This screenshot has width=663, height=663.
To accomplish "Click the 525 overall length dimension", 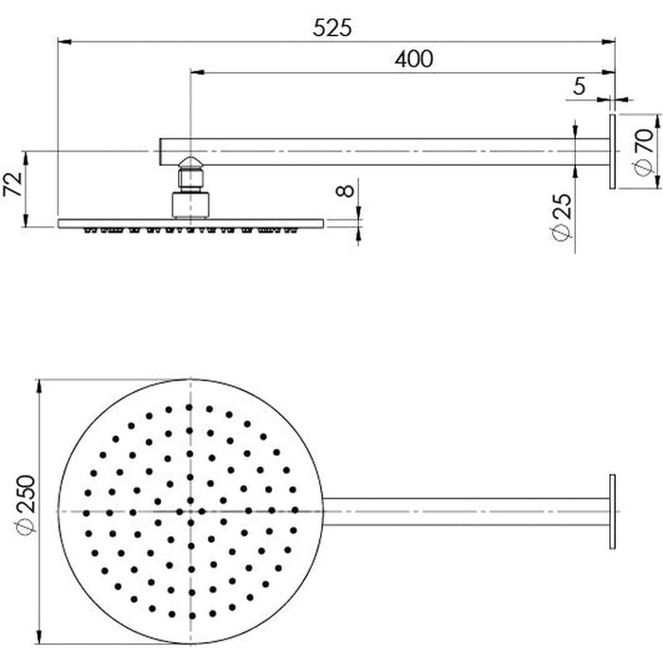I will point(332,27).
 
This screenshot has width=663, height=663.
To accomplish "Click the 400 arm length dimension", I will point(414,59).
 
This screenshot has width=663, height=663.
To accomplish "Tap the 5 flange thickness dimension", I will point(579,86).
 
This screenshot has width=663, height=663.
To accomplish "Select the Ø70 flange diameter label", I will point(642,151).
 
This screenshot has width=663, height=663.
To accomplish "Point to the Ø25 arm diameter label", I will point(563,218).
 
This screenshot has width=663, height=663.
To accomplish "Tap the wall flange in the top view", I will point(612,511).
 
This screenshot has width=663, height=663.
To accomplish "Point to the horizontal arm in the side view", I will point(379,151).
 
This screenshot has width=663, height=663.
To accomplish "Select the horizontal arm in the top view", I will point(464,511).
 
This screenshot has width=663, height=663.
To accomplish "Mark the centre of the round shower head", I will point(191,511).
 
